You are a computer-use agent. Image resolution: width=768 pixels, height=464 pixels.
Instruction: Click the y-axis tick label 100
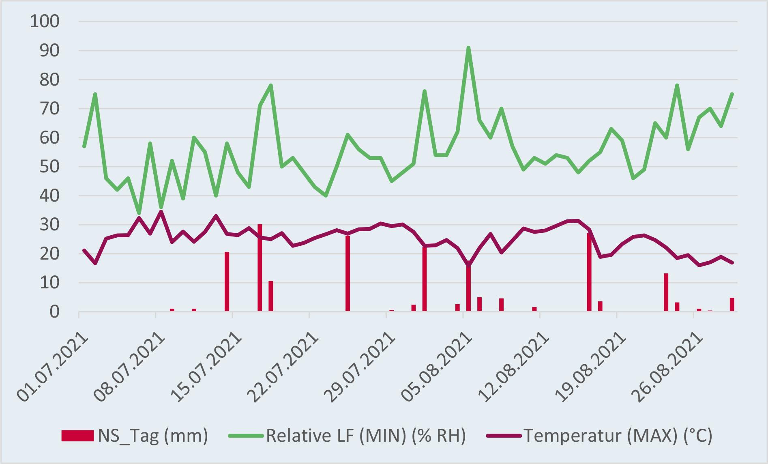click(x=45, y=21)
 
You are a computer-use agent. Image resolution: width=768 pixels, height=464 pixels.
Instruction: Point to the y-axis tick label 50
click(x=50, y=167)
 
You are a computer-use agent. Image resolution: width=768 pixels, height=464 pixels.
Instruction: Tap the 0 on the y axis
click(x=55, y=312)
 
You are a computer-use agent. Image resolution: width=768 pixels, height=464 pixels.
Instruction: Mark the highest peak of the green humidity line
click(x=468, y=48)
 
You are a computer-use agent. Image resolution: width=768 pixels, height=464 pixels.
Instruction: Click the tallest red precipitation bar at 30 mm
click(x=260, y=268)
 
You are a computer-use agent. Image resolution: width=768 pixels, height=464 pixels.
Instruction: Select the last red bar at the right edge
click(x=732, y=305)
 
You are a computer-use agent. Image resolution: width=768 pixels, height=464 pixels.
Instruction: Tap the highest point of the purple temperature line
click(x=161, y=211)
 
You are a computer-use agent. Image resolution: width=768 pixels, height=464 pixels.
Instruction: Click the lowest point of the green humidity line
click(x=139, y=213)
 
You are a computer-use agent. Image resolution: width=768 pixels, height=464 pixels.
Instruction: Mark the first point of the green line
click(x=84, y=146)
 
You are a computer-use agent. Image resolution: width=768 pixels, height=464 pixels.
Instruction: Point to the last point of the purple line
click(x=732, y=263)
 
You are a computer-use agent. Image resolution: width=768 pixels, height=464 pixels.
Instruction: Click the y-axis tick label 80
click(x=50, y=80)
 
